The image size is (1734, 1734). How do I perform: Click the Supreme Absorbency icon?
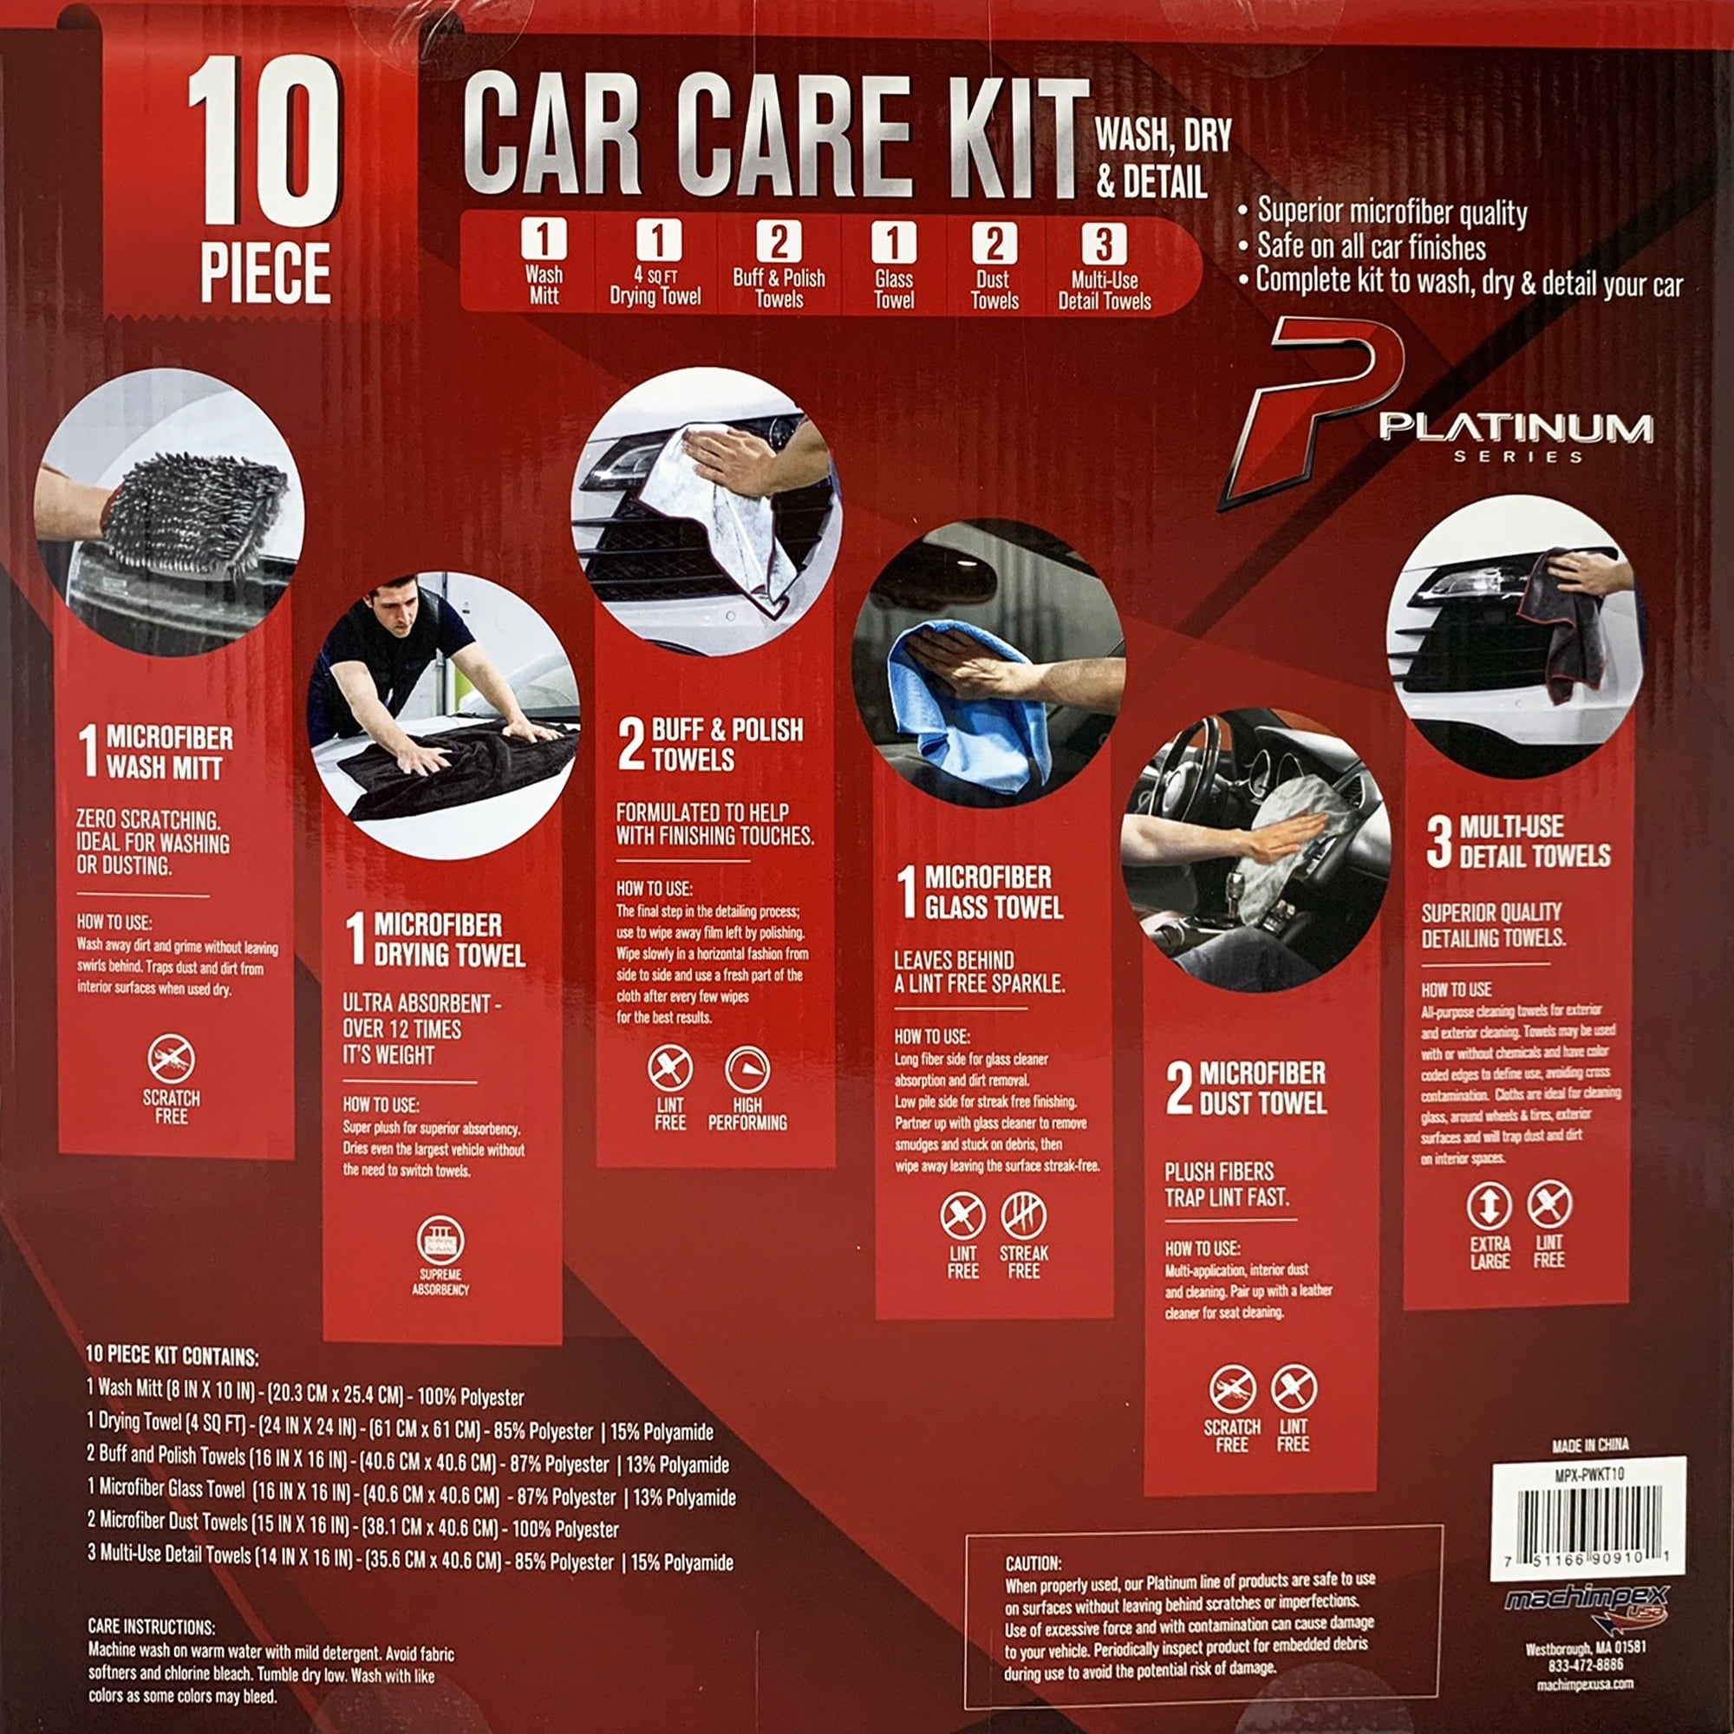(x=440, y=1242)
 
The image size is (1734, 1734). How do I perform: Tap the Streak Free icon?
(x=1023, y=1216)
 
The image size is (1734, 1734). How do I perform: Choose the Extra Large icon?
(x=1489, y=1206)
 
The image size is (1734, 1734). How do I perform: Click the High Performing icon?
(x=746, y=1069)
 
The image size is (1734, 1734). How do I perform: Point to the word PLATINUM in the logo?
(x=1516, y=428)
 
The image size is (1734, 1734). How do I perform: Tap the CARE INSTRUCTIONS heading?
(x=152, y=1626)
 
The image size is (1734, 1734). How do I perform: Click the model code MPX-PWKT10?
(x=1588, y=1473)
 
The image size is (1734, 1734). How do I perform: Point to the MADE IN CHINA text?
(x=1589, y=1445)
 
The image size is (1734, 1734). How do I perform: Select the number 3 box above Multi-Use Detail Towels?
(x=1103, y=244)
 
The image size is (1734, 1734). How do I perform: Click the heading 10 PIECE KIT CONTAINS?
(x=173, y=1357)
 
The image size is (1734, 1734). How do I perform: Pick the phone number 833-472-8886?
(x=1586, y=1664)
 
